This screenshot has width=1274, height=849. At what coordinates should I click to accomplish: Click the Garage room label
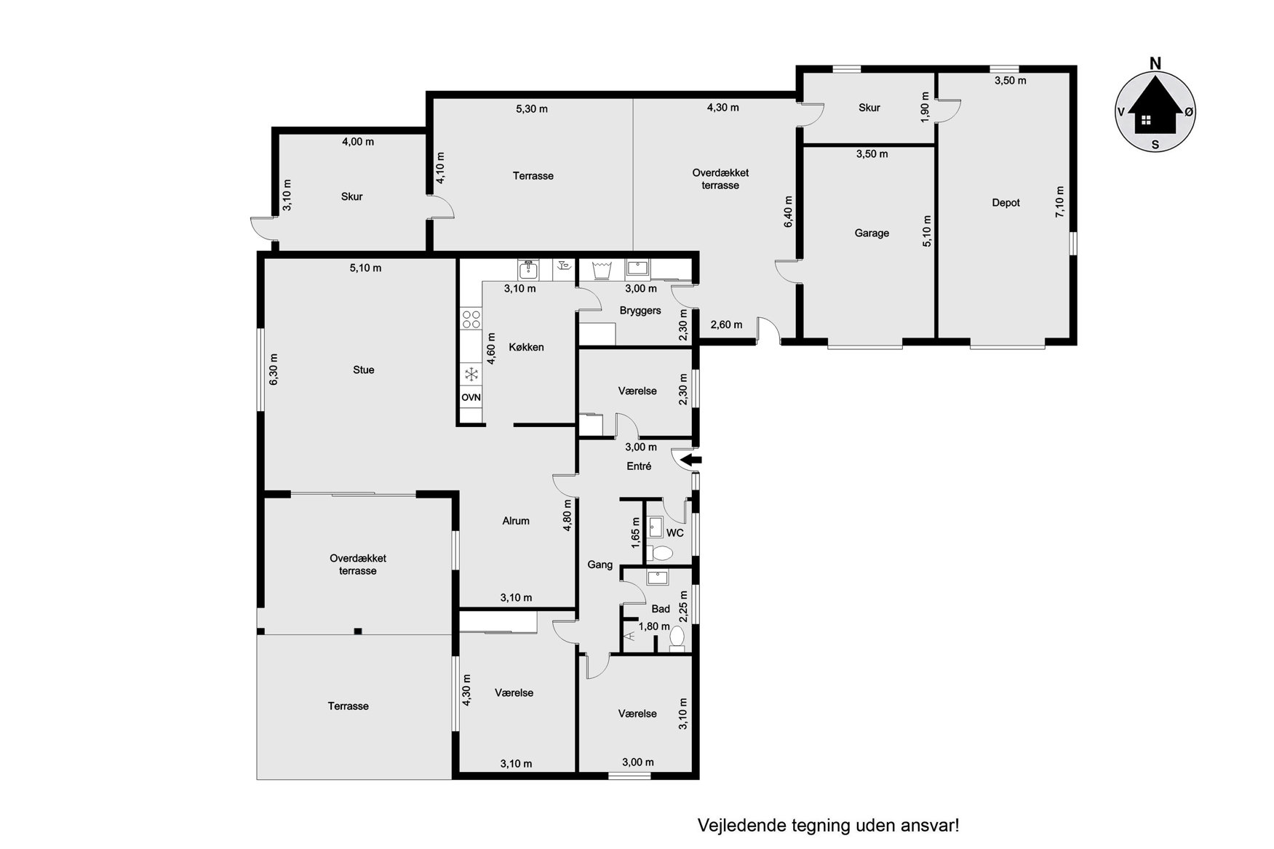(872, 234)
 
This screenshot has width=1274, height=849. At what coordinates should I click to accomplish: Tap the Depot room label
(1006, 203)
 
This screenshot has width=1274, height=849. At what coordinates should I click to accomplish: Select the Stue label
(364, 370)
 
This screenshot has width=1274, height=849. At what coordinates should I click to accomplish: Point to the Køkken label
(527, 348)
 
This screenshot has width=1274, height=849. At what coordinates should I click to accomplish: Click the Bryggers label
(640, 311)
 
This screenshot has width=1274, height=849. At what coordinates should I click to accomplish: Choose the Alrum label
(516, 521)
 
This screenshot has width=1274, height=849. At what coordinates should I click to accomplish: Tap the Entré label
(639, 466)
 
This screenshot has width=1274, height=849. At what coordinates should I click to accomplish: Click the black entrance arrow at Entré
(691, 460)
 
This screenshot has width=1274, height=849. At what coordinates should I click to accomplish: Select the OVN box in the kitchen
(471, 398)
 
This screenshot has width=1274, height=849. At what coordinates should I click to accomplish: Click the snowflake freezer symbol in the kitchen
(471, 375)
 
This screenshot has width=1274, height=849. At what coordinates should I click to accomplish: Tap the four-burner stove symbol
(471, 319)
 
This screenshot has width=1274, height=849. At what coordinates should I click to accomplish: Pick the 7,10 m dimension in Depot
(1059, 202)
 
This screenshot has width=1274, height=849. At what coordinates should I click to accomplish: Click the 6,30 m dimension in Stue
(274, 370)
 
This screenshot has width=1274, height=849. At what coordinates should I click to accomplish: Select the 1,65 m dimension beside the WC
(636, 532)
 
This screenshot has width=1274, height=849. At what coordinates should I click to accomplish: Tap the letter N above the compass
(1155, 64)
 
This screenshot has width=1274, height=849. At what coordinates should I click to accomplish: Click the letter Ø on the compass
(1189, 112)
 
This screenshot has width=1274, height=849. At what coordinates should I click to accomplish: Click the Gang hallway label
(600, 565)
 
